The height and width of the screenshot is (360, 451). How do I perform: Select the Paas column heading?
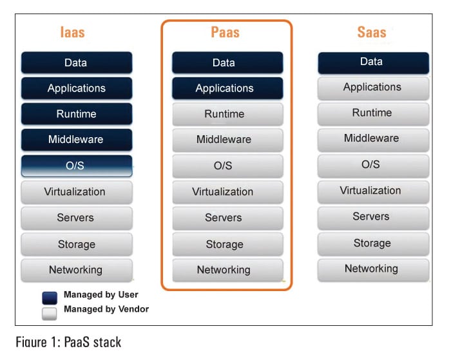tap(224, 32)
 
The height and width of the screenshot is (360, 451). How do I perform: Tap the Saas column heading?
tap(372, 32)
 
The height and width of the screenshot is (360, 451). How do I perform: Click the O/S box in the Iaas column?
tap(76, 166)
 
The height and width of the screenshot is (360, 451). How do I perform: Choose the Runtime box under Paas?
tap(227, 114)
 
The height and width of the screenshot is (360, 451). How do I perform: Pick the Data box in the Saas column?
tap(372, 62)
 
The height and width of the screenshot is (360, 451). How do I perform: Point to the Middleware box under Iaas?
tap(76, 139)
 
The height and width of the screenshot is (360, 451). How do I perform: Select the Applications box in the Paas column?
tap(227, 88)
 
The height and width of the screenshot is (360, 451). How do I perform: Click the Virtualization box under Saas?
tap(372, 191)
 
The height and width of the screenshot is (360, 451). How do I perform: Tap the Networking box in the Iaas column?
tap(76, 270)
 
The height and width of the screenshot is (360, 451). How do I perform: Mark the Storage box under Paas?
tap(227, 244)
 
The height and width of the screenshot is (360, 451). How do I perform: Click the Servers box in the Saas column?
tap(372, 216)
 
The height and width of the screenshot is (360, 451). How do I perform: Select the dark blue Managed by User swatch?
tap(50, 297)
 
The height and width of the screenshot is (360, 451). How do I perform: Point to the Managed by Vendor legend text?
tap(106, 309)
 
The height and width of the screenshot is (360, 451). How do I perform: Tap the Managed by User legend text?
tap(101, 295)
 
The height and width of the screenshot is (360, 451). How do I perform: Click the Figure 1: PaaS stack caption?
tap(68, 342)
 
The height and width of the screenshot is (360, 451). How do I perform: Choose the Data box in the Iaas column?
tap(76, 62)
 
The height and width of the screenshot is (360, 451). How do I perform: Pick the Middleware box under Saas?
tap(372, 138)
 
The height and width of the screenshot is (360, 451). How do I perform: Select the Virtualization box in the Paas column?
tap(227, 192)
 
